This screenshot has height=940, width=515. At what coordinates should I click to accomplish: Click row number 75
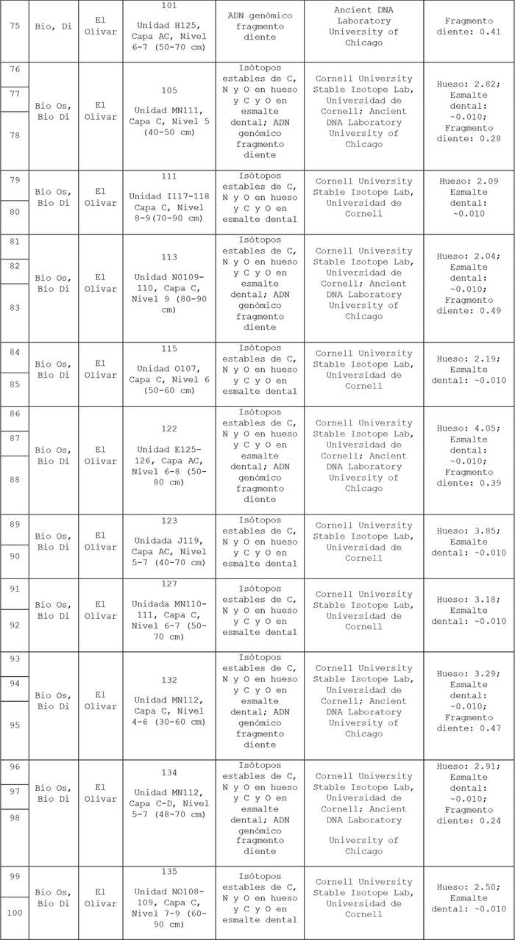pos(15,31)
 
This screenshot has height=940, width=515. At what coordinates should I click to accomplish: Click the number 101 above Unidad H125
pos(169,7)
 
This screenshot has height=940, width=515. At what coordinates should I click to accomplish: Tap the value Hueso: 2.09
pos(469,182)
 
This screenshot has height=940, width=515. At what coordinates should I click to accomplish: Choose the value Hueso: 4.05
pos(469,428)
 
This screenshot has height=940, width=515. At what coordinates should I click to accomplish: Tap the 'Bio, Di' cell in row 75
pos(54,31)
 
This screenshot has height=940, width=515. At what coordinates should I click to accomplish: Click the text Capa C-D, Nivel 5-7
pos(169,809)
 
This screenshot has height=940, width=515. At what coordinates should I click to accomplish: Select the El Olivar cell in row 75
pos(100,31)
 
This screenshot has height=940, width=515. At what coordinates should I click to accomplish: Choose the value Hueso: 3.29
pos(469,674)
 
